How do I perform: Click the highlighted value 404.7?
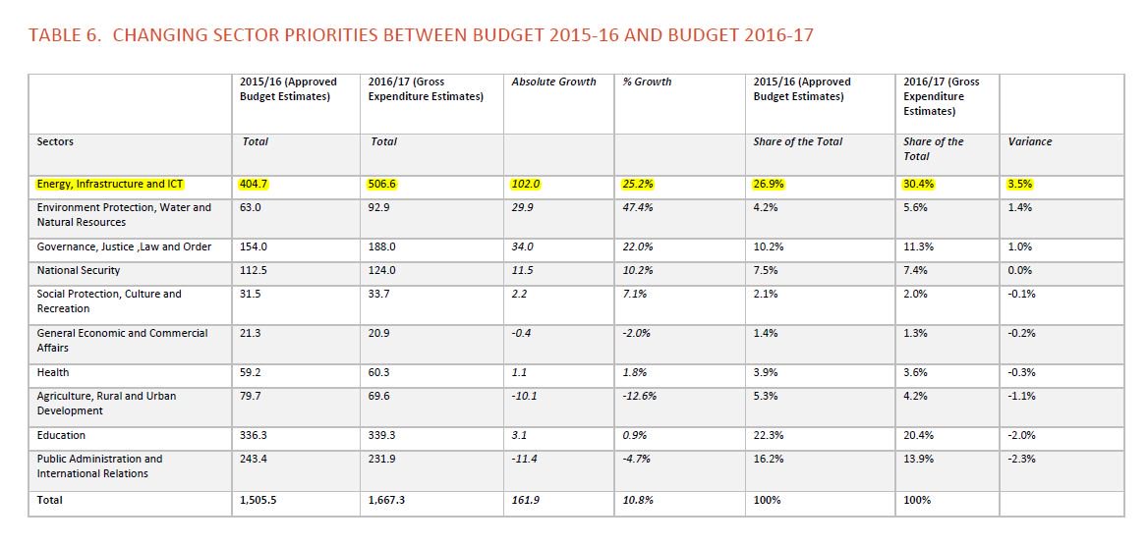tap(255, 184)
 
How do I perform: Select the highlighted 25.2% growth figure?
tap(638, 184)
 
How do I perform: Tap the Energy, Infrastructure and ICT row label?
tap(110, 184)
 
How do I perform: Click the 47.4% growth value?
tap(638, 207)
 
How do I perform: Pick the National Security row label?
tap(79, 270)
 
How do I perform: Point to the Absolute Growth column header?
tap(553, 82)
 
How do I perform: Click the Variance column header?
tap(1029, 141)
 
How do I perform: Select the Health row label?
tap(53, 372)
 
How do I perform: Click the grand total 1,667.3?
tap(387, 500)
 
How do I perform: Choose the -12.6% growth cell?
tap(641, 396)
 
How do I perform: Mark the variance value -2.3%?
tap(1022, 459)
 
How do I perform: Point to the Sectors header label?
tap(55, 141)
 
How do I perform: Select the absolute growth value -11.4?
tap(526, 459)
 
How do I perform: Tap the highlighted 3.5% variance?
tap(1020, 184)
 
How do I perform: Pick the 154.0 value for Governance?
tap(255, 246)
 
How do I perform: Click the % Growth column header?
tap(647, 82)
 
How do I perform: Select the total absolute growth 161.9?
tap(526, 500)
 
